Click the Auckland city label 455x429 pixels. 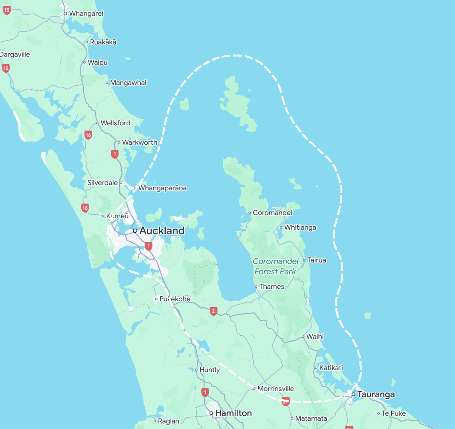point(162,231)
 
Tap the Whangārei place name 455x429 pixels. point(86,13)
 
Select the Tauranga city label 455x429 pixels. point(376,394)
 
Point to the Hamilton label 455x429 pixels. point(233,413)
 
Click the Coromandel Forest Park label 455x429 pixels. point(275,266)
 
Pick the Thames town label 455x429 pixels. point(271,286)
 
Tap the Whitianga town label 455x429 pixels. point(300,227)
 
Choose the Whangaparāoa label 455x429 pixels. point(162,188)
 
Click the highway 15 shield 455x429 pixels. point(7,10)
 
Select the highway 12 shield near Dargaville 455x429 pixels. point(6,68)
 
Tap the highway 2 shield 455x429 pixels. point(214,311)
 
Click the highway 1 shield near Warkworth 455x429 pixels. point(115,154)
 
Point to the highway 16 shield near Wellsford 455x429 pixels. point(88,135)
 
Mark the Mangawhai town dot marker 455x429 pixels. point(107,83)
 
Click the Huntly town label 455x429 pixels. point(210,370)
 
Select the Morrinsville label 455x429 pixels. point(275,388)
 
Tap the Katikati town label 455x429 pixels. point(331,368)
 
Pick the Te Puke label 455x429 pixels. point(394,413)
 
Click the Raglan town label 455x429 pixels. point(168,421)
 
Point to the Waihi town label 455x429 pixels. point(315,337)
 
